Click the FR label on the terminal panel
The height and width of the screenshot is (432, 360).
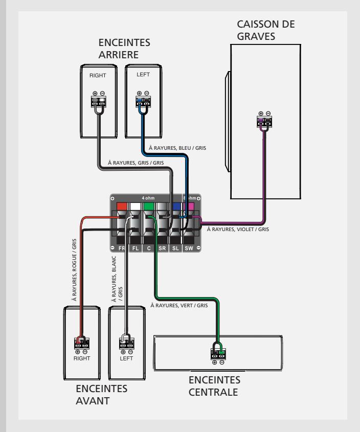pyautogui.click(x=122, y=248)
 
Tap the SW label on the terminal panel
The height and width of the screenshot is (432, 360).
pyautogui.click(x=189, y=248)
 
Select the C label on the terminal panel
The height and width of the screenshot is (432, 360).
pyautogui.click(x=149, y=248)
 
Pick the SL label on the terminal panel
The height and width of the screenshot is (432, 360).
pyautogui.click(x=175, y=248)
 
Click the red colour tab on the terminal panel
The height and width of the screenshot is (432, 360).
pyautogui.click(x=122, y=207)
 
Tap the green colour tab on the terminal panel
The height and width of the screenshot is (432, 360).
pyautogui.click(x=149, y=207)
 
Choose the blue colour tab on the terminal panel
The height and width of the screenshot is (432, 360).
pyautogui.click(x=176, y=207)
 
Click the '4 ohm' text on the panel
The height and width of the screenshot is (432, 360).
pyautogui.click(x=148, y=198)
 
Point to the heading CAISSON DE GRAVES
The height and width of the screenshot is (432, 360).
pyautogui.click(x=266, y=30)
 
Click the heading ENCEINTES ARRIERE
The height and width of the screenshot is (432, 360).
pyautogui.click(x=124, y=49)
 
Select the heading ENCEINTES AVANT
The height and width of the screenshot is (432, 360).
pyautogui.click(x=101, y=395)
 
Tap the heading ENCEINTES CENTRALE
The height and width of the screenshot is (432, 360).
pyautogui.click(x=214, y=386)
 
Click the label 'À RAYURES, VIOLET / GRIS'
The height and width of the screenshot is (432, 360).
pyautogui.click(x=238, y=229)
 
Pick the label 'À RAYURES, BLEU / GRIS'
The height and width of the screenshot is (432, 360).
pyautogui.click(x=177, y=148)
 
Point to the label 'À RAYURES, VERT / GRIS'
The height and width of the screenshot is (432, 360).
pyautogui.click(x=179, y=305)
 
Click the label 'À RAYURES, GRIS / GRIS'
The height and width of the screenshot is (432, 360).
pyautogui.click(x=136, y=163)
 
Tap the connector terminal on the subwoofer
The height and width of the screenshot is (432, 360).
pyautogui.click(x=264, y=122)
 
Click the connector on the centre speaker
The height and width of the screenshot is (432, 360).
pyautogui.click(x=218, y=354)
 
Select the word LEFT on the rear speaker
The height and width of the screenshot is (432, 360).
pyautogui.click(x=143, y=75)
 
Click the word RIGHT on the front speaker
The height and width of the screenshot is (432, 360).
pyautogui.click(x=82, y=358)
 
